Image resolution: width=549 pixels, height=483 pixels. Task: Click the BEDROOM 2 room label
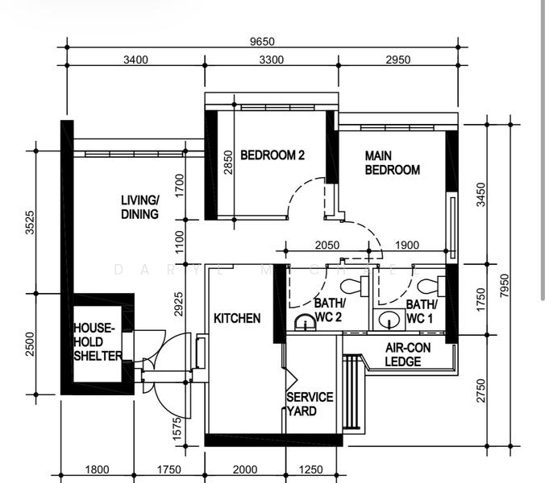tap(272, 155)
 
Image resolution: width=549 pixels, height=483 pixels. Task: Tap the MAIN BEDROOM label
tap(392, 163)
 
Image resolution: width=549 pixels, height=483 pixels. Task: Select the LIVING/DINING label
tap(139, 207)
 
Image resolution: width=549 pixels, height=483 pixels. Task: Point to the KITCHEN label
tap(236, 318)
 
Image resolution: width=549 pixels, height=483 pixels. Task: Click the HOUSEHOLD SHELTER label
tap(97, 342)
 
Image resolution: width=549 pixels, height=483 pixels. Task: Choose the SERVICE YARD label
tap(310, 404)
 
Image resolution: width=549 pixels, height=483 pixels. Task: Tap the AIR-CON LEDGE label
tap(402, 355)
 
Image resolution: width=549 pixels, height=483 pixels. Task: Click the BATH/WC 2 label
tap(329, 311)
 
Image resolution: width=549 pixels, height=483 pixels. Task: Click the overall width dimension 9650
tap(263, 42)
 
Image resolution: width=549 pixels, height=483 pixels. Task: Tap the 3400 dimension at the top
tap(135, 60)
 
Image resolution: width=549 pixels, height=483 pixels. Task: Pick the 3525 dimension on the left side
tap(31, 222)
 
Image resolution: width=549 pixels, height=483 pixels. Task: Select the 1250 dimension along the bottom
tap(310, 470)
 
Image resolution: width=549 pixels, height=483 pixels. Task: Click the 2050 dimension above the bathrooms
tap(327, 246)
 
